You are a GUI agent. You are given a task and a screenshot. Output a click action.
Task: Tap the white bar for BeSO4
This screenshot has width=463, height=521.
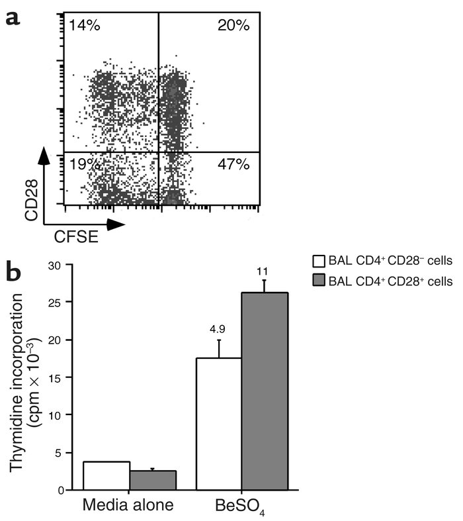pos(218,424)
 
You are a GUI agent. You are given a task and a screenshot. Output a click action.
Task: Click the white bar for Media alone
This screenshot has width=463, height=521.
pos(106,475)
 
